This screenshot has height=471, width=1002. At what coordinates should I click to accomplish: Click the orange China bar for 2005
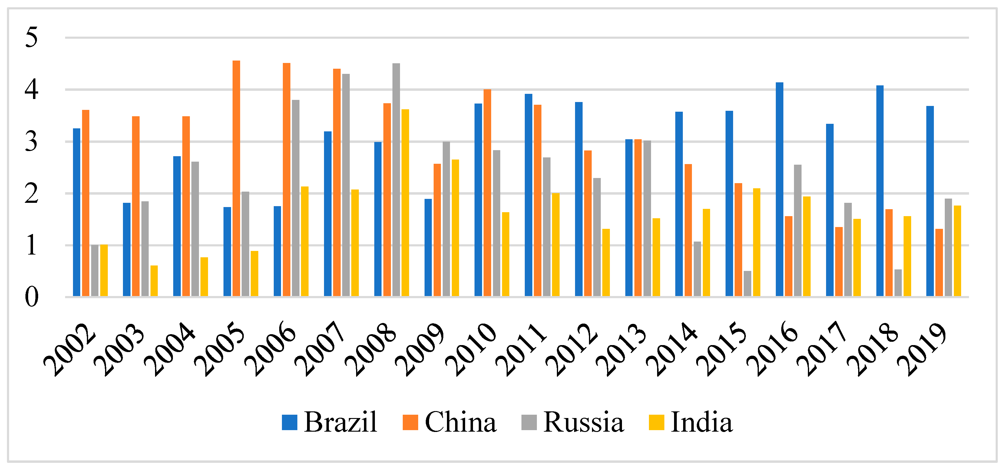tap(236, 179)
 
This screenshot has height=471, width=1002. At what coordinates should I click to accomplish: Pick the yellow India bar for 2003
tap(154, 281)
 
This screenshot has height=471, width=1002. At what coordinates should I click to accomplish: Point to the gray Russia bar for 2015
tap(747, 284)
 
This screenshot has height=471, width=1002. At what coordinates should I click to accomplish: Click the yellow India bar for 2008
tap(405, 203)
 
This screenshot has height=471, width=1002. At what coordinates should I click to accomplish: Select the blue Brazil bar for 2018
tap(880, 191)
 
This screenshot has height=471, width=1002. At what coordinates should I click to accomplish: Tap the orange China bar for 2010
tap(488, 193)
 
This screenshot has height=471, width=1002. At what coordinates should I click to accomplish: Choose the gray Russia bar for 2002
tap(94, 271)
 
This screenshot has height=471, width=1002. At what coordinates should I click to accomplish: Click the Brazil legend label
tap(340, 422)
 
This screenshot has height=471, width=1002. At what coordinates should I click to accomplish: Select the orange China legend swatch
tap(410, 422)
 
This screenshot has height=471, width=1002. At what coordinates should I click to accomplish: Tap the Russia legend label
tap(584, 422)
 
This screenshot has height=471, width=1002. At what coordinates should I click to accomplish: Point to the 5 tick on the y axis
tap(31, 38)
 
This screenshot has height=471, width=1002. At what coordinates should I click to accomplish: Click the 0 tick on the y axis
tap(31, 297)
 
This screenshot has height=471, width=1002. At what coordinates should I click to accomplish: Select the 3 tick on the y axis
tap(31, 142)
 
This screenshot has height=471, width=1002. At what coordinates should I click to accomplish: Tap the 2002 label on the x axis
tap(70, 350)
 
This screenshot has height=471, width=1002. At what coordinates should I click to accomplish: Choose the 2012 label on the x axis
tap(572, 350)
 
